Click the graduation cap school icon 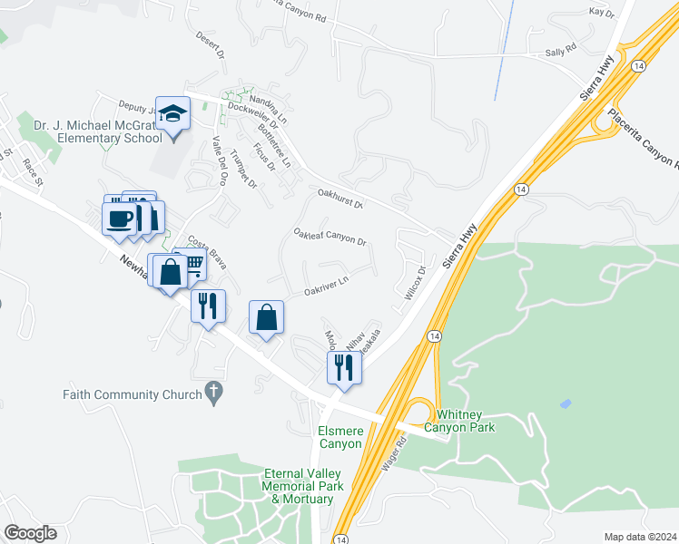[x=172, y=114]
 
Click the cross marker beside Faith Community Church [x=213, y=393]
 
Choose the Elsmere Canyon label [x=340, y=437]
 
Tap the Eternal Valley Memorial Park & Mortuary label [x=302, y=487]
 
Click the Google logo [x=30, y=533]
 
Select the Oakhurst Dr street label [x=339, y=198]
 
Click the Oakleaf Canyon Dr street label [x=330, y=238]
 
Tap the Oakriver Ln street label [x=326, y=287]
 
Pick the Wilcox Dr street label [x=414, y=283]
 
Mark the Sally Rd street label [x=560, y=51]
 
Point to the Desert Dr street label [x=210, y=44]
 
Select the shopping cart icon [x=192, y=264]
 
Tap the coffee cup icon [x=119, y=219]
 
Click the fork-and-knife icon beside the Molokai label [x=344, y=367]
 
